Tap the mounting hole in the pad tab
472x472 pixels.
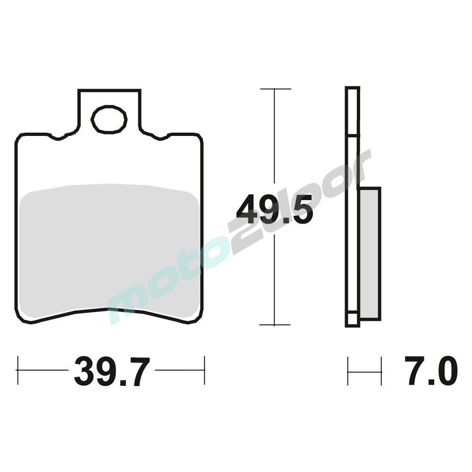[109, 119]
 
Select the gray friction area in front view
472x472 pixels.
[110, 250]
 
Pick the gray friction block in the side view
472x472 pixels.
[370, 253]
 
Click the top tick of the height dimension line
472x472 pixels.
[275, 89]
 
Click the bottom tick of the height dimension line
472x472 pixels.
[275, 325]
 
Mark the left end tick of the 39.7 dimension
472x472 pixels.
[17, 371]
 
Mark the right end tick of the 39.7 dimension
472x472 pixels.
[204, 371]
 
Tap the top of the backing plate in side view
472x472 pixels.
[353, 88]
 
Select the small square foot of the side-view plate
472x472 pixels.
[352, 320]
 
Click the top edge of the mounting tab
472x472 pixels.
[110, 90]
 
